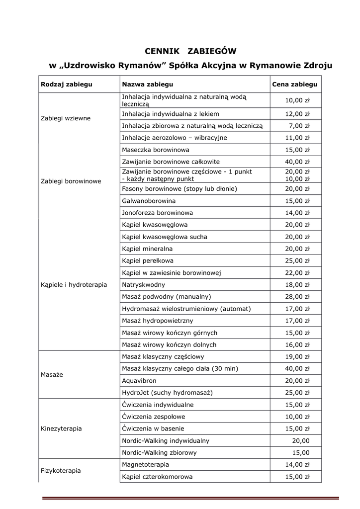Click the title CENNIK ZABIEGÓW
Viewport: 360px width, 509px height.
coord(190,51)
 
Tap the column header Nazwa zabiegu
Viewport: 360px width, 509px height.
coord(148,85)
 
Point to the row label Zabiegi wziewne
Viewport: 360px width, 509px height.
coord(66,118)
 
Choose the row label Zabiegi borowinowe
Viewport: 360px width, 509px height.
coord(71,181)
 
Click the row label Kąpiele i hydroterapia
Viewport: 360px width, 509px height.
coord(74,285)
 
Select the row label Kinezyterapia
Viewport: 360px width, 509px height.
coord(61,428)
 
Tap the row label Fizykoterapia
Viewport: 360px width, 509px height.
coord(61,470)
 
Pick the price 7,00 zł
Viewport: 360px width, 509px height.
coord(299,126)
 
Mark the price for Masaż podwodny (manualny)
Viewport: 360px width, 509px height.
coord(297,297)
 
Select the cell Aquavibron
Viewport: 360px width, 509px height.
coord(139,380)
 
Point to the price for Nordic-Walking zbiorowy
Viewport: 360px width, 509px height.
coord(300,453)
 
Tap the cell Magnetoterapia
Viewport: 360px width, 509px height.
coord(145,465)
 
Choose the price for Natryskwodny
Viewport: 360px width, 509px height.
coord(297,285)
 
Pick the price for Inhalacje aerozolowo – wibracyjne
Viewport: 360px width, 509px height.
coord(297,138)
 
